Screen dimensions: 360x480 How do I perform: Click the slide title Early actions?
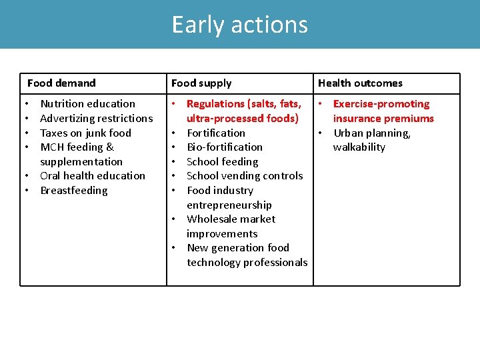coord(240,25)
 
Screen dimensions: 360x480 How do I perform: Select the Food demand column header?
coord(61,83)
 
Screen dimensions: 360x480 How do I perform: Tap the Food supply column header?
coord(201,83)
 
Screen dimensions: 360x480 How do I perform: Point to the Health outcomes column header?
coord(360,83)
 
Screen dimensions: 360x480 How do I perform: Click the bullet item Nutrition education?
coord(87,104)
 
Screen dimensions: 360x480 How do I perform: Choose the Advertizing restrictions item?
coord(97,119)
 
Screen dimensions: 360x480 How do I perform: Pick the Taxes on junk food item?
coord(86,133)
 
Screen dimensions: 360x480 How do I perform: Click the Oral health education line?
coord(93,176)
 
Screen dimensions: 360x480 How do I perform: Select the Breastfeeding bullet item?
coord(74,191)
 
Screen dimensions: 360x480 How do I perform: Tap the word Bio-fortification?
coord(225,147)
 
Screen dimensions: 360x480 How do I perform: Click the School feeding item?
coord(222,162)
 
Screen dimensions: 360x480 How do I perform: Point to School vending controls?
coord(245,176)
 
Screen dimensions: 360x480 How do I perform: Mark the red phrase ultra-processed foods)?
coord(243,119)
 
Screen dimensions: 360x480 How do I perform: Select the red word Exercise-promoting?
coord(381,104)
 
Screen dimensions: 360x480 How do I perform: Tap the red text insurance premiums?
coord(383,119)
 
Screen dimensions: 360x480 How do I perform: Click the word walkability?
coord(359,147)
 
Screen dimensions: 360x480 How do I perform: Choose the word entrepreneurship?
coord(229,205)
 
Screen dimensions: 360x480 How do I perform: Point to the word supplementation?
coord(81,162)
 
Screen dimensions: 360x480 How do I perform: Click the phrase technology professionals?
coord(247,263)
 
